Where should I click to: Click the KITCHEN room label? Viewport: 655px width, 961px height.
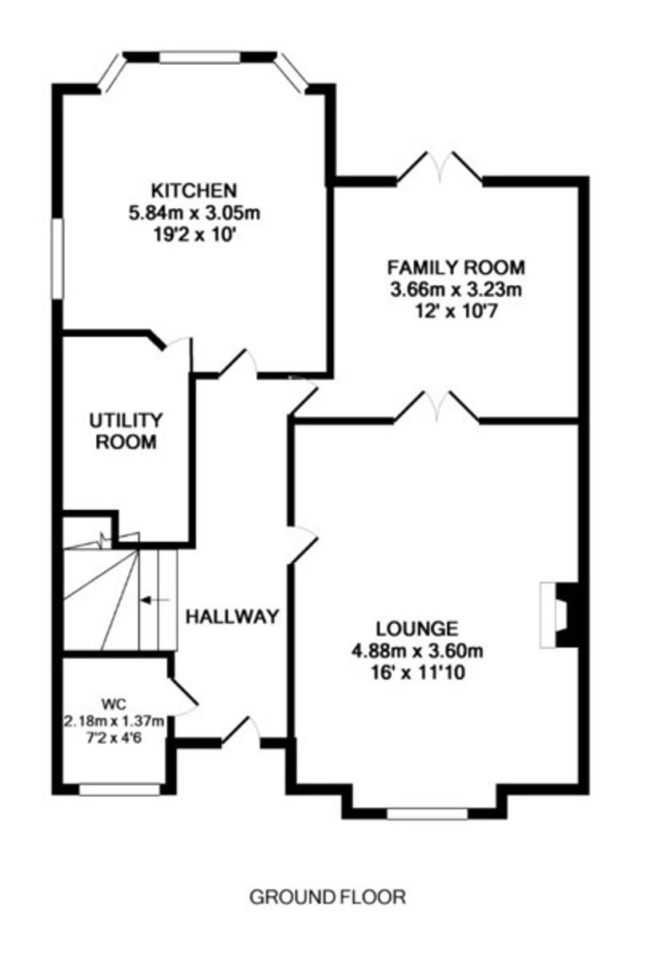[x=195, y=191]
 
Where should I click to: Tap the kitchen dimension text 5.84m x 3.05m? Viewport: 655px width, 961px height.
[x=195, y=213]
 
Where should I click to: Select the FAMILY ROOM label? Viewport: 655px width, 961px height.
[x=456, y=267]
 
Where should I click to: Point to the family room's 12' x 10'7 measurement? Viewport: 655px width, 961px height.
[x=456, y=312]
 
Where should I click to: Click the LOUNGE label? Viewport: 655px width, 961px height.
[x=417, y=629]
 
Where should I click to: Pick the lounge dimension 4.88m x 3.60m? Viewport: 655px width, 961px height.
[x=417, y=651]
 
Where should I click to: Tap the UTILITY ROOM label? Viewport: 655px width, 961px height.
[x=126, y=431]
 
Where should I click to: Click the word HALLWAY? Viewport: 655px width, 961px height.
[x=232, y=617]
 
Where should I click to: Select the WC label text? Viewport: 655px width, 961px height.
[x=114, y=705]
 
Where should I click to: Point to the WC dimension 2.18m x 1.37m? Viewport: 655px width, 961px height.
[x=114, y=722]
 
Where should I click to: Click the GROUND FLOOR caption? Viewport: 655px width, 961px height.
[x=327, y=898]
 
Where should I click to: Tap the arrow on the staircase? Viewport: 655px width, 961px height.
[x=155, y=600]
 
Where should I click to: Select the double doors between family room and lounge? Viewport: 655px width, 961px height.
[x=437, y=406]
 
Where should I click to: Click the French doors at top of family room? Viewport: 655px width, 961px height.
[x=440, y=168]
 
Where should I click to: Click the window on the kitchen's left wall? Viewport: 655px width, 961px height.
[x=58, y=258]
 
